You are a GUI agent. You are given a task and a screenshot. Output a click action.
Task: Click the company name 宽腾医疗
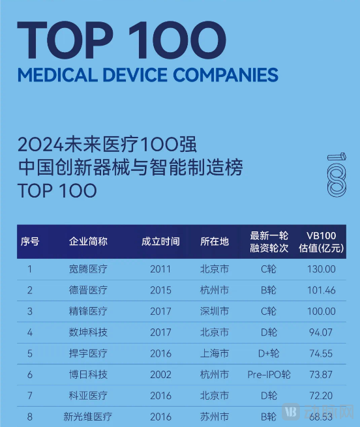click(88, 269)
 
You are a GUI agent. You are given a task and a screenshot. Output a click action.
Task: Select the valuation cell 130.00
click(321, 269)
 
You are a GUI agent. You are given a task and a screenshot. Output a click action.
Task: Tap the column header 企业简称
click(88, 241)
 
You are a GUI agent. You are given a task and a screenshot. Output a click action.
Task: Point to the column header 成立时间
click(160, 241)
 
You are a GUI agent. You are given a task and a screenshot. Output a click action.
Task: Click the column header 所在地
click(215, 241)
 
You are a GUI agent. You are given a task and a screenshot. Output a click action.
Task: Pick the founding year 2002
click(160, 374)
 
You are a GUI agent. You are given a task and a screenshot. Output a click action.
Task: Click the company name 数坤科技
click(88, 332)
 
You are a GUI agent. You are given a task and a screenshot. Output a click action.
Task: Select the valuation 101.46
click(321, 290)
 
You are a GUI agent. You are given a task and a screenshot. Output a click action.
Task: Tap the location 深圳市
click(215, 311)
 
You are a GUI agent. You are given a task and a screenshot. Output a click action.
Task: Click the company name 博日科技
click(88, 374)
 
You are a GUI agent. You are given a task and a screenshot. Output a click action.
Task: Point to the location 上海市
click(215, 353)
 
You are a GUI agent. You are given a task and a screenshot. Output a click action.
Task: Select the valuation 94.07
click(321, 332)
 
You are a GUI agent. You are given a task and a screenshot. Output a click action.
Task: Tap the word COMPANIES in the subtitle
click(224, 74)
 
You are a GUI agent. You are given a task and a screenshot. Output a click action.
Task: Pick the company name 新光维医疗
click(88, 416)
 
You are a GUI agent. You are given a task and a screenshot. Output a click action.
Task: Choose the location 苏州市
click(215, 416)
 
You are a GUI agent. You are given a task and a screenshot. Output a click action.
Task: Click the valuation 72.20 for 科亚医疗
click(321, 395)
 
